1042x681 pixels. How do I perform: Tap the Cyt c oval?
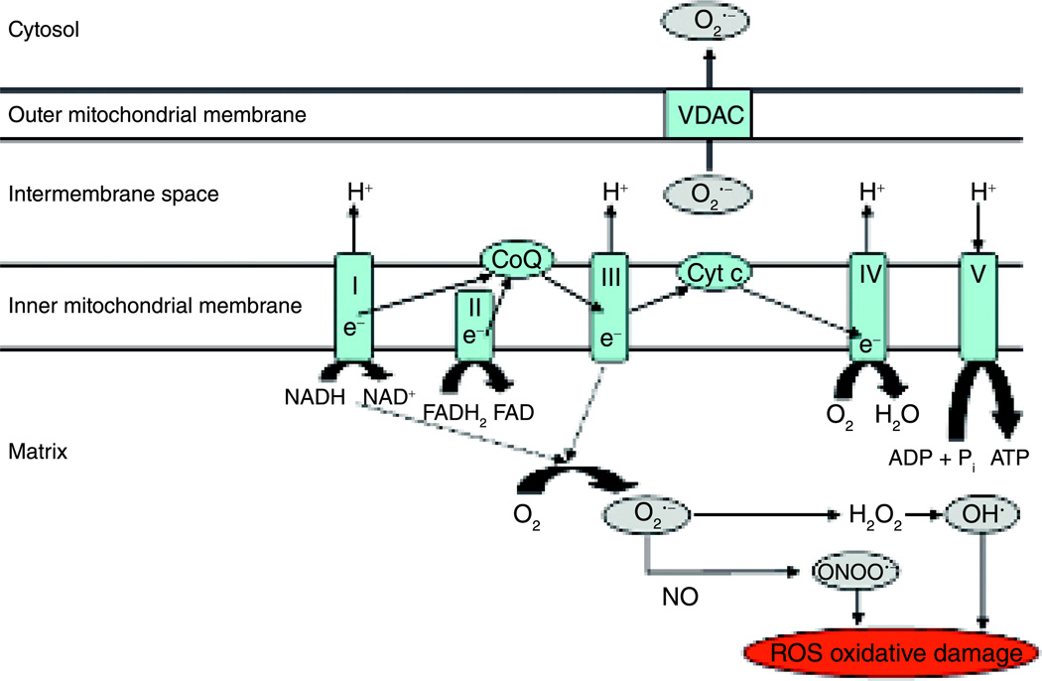click(x=714, y=269)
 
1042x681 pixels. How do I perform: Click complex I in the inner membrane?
click(x=354, y=305)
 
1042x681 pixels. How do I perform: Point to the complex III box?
click(x=610, y=305)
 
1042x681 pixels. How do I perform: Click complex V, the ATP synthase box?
click(x=977, y=305)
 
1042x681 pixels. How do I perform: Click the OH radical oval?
click(x=981, y=515)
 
